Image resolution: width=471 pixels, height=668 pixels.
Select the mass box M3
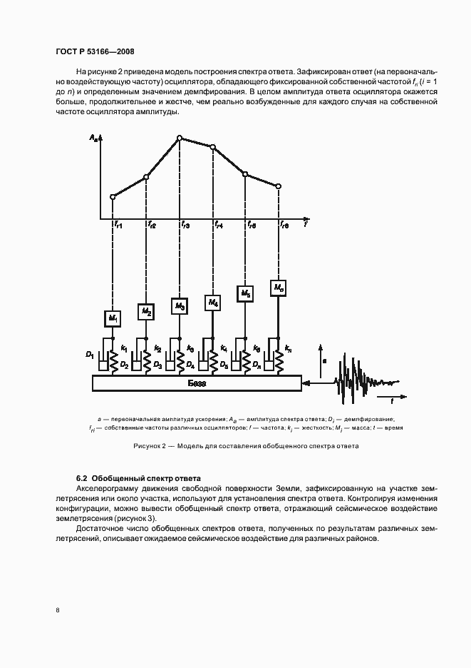(180, 306)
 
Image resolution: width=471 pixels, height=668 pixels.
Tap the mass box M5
(246, 293)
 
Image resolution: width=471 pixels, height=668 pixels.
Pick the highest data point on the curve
(180, 137)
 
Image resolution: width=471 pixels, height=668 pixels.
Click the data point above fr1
(113, 196)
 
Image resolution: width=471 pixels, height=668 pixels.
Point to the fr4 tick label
(219, 226)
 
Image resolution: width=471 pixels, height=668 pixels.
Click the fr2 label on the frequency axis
(152, 226)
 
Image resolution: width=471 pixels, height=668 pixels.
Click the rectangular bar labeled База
(196, 384)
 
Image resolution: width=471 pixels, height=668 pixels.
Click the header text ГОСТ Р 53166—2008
(95, 51)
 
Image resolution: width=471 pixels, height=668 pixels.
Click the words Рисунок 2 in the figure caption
(150, 446)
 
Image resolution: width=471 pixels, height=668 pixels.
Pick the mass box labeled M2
(146, 311)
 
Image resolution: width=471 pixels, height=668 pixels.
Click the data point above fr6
(279, 186)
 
